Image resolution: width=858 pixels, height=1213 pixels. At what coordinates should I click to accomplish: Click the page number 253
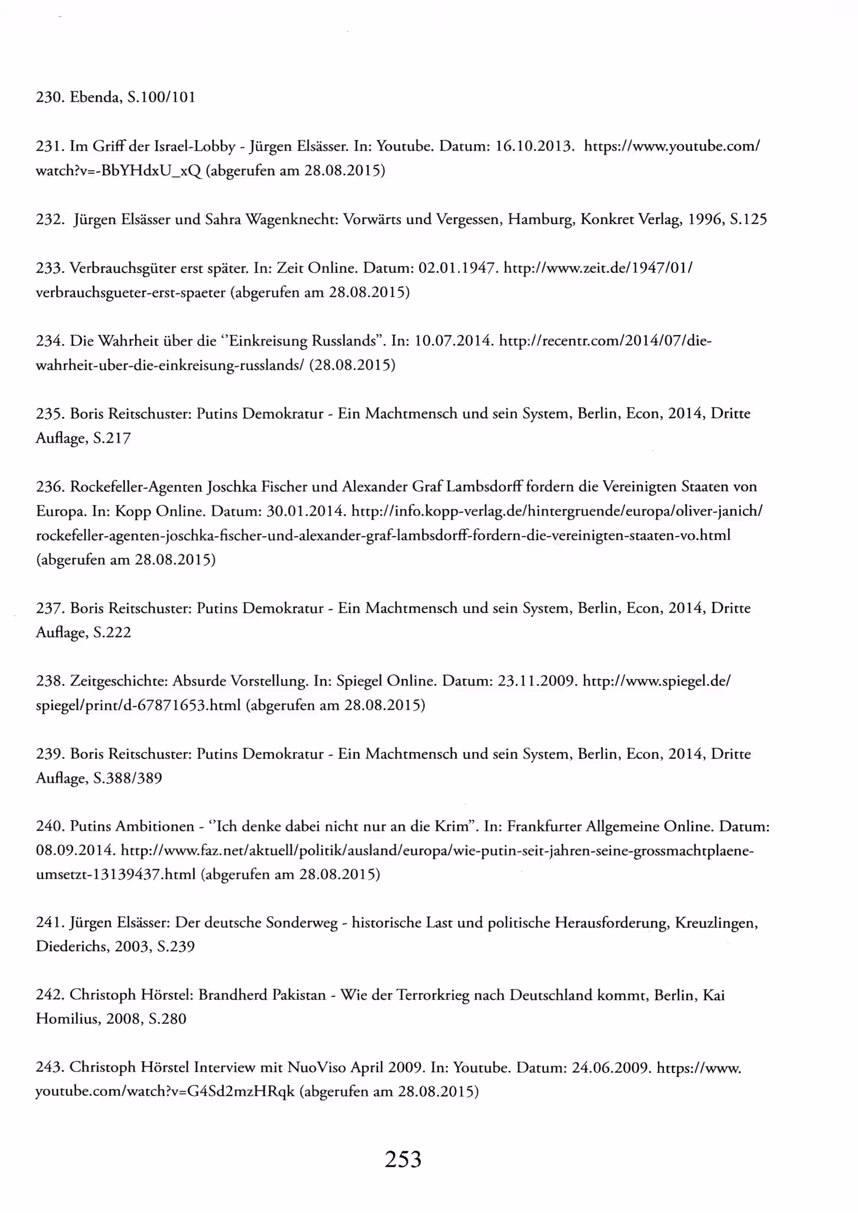[403, 1160]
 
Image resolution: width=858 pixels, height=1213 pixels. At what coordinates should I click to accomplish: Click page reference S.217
[111, 438]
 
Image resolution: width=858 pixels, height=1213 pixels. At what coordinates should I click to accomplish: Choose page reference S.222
[111, 632]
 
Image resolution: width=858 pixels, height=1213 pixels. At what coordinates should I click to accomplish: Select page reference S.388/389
[127, 778]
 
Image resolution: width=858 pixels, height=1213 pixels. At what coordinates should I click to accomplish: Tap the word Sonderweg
[302, 923]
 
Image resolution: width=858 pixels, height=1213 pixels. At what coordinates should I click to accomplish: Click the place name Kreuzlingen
[717, 923]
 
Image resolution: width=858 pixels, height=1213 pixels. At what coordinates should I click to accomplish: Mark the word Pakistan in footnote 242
[299, 995]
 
